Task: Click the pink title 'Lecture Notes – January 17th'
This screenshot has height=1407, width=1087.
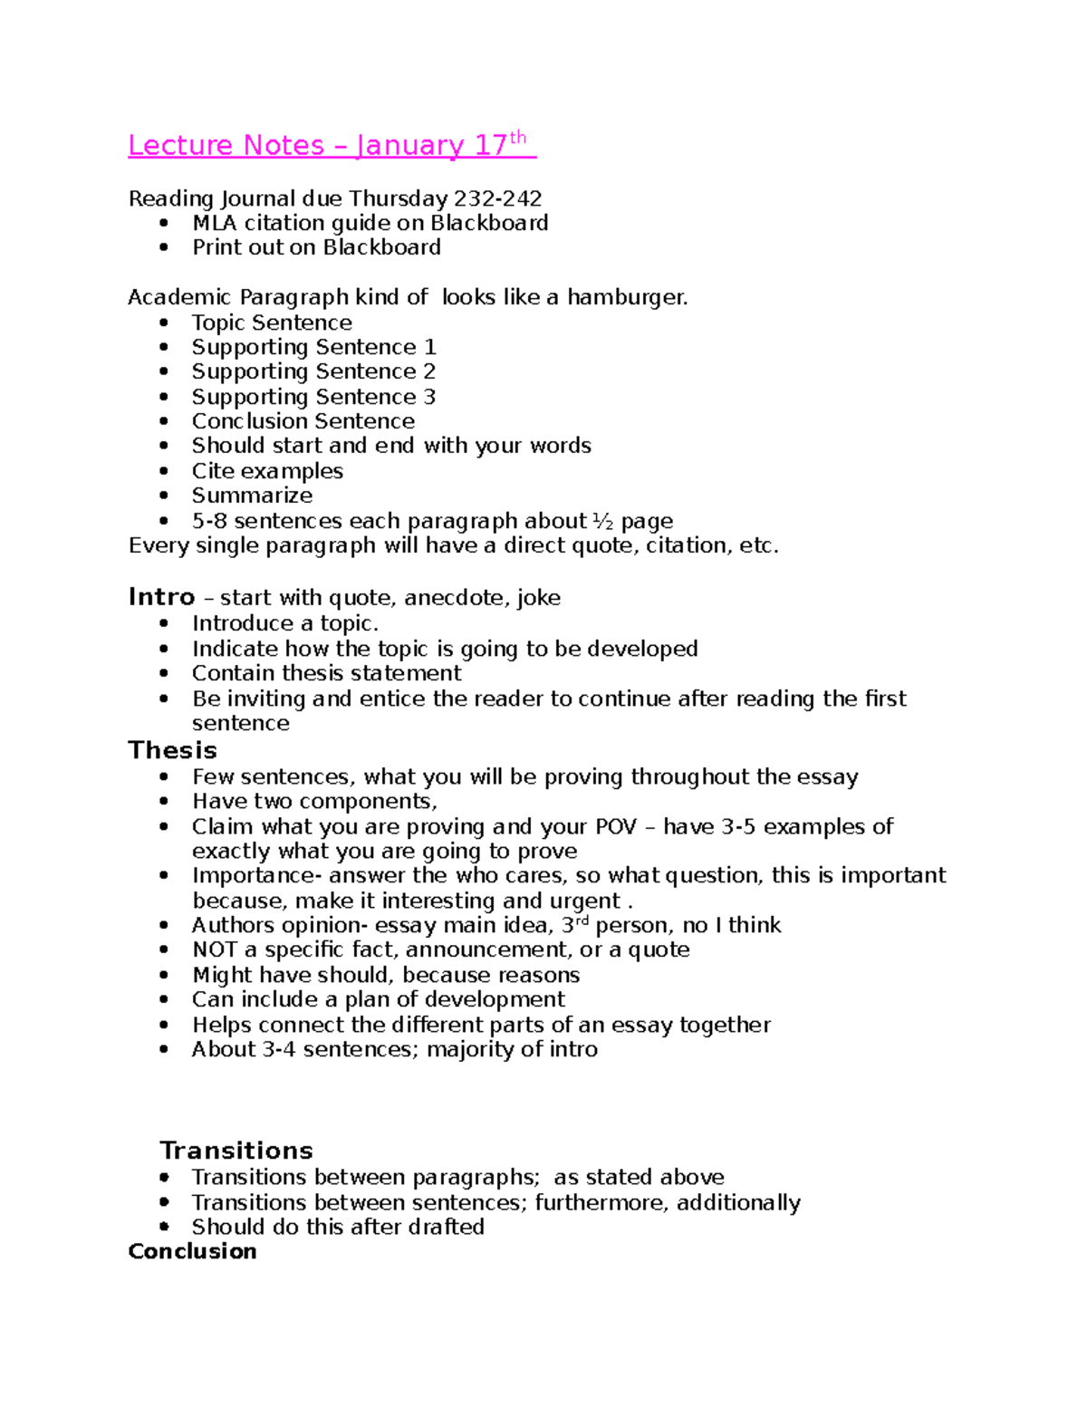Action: click(331, 145)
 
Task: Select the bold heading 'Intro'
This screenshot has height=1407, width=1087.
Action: click(161, 597)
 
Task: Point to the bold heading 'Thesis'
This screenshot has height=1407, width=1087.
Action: click(172, 750)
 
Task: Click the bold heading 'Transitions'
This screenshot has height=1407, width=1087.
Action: click(236, 1151)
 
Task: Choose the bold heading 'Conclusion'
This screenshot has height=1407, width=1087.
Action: click(192, 1251)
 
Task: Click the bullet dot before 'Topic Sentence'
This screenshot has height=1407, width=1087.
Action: click(164, 323)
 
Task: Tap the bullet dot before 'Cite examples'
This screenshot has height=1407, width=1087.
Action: click(164, 471)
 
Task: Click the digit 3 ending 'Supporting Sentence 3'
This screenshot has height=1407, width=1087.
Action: click(429, 397)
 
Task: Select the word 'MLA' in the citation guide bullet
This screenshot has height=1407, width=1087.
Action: click(214, 223)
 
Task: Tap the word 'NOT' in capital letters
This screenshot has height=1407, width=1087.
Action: click(214, 949)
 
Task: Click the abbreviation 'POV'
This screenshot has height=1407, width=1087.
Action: click(615, 826)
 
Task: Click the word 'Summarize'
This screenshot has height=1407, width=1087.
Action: click(252, 496)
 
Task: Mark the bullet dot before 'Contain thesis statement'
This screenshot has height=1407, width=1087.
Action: click(164, 673)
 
